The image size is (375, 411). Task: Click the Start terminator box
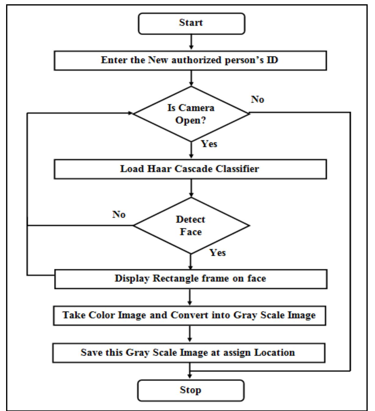pyautogui.click(x=191, y=23)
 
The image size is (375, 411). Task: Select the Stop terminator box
pyautogui.click(x=191, y=390)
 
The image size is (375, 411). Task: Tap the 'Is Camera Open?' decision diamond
pyautogui.click(x=191, y=114)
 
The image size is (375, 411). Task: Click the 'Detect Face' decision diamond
pyautogui.click(x=191, y=226)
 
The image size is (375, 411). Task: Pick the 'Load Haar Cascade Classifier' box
pyautogui.click(x=190, y=169)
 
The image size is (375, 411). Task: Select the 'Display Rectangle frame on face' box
pyautogui.click(x=190, y=279)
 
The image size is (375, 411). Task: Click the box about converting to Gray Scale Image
pyautogui.click(x=189, y=315)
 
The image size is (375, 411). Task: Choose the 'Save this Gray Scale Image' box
pyautogui.click(x=188, y=353)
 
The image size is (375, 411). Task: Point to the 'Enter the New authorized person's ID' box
pyautogui.click(x=190, y=60)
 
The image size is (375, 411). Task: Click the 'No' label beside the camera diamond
pyautogui.click(x=258, y=100)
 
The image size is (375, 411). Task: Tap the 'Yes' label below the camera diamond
pyautogui.click(x=209, y=144)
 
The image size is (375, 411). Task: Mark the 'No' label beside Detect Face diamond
pyautogui.click(x=119, y=215)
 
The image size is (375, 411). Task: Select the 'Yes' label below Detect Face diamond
pyautogui.click(x=218, y=253)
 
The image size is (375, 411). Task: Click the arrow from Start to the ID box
pyautogui.click(x=191, y=42)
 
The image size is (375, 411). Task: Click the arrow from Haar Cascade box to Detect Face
pyautogui.click(x=191, y=188)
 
